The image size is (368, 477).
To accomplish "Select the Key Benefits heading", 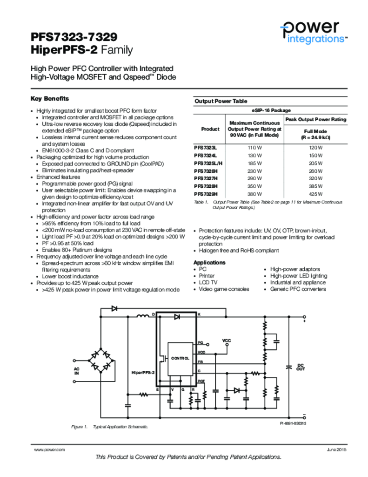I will (x=50, y=99).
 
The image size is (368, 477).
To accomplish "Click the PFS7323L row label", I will (x=205, y=148).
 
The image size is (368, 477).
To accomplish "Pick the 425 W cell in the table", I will (x=315, y=193).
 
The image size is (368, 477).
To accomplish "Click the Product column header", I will (x=210, y=129).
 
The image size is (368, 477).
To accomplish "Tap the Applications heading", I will (x=209, y=263).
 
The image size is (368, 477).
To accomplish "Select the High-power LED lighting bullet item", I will (x=298, y=276).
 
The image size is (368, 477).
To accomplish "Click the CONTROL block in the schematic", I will (x=180, y=358).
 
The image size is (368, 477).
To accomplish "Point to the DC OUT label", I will (x=301, y=367).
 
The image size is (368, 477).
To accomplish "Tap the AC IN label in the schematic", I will (x=77, y=371).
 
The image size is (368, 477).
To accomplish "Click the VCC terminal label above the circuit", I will (x=227, y=341).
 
